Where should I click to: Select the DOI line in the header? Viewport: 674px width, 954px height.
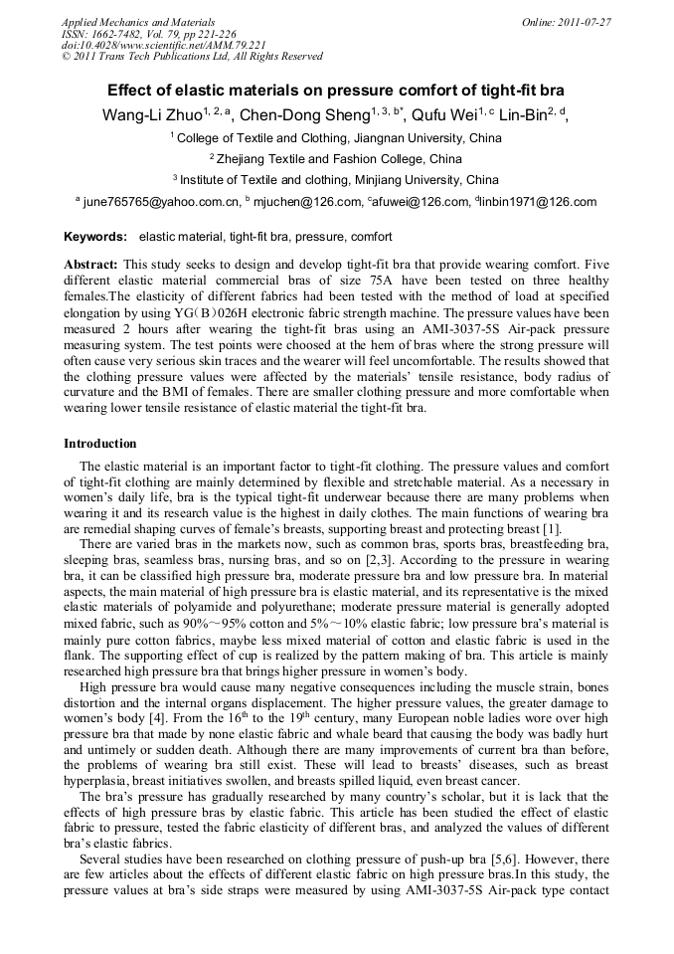tap(163, 45)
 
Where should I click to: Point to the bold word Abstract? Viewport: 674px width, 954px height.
tap(90, 265)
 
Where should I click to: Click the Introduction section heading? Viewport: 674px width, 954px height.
tap(100, 443)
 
